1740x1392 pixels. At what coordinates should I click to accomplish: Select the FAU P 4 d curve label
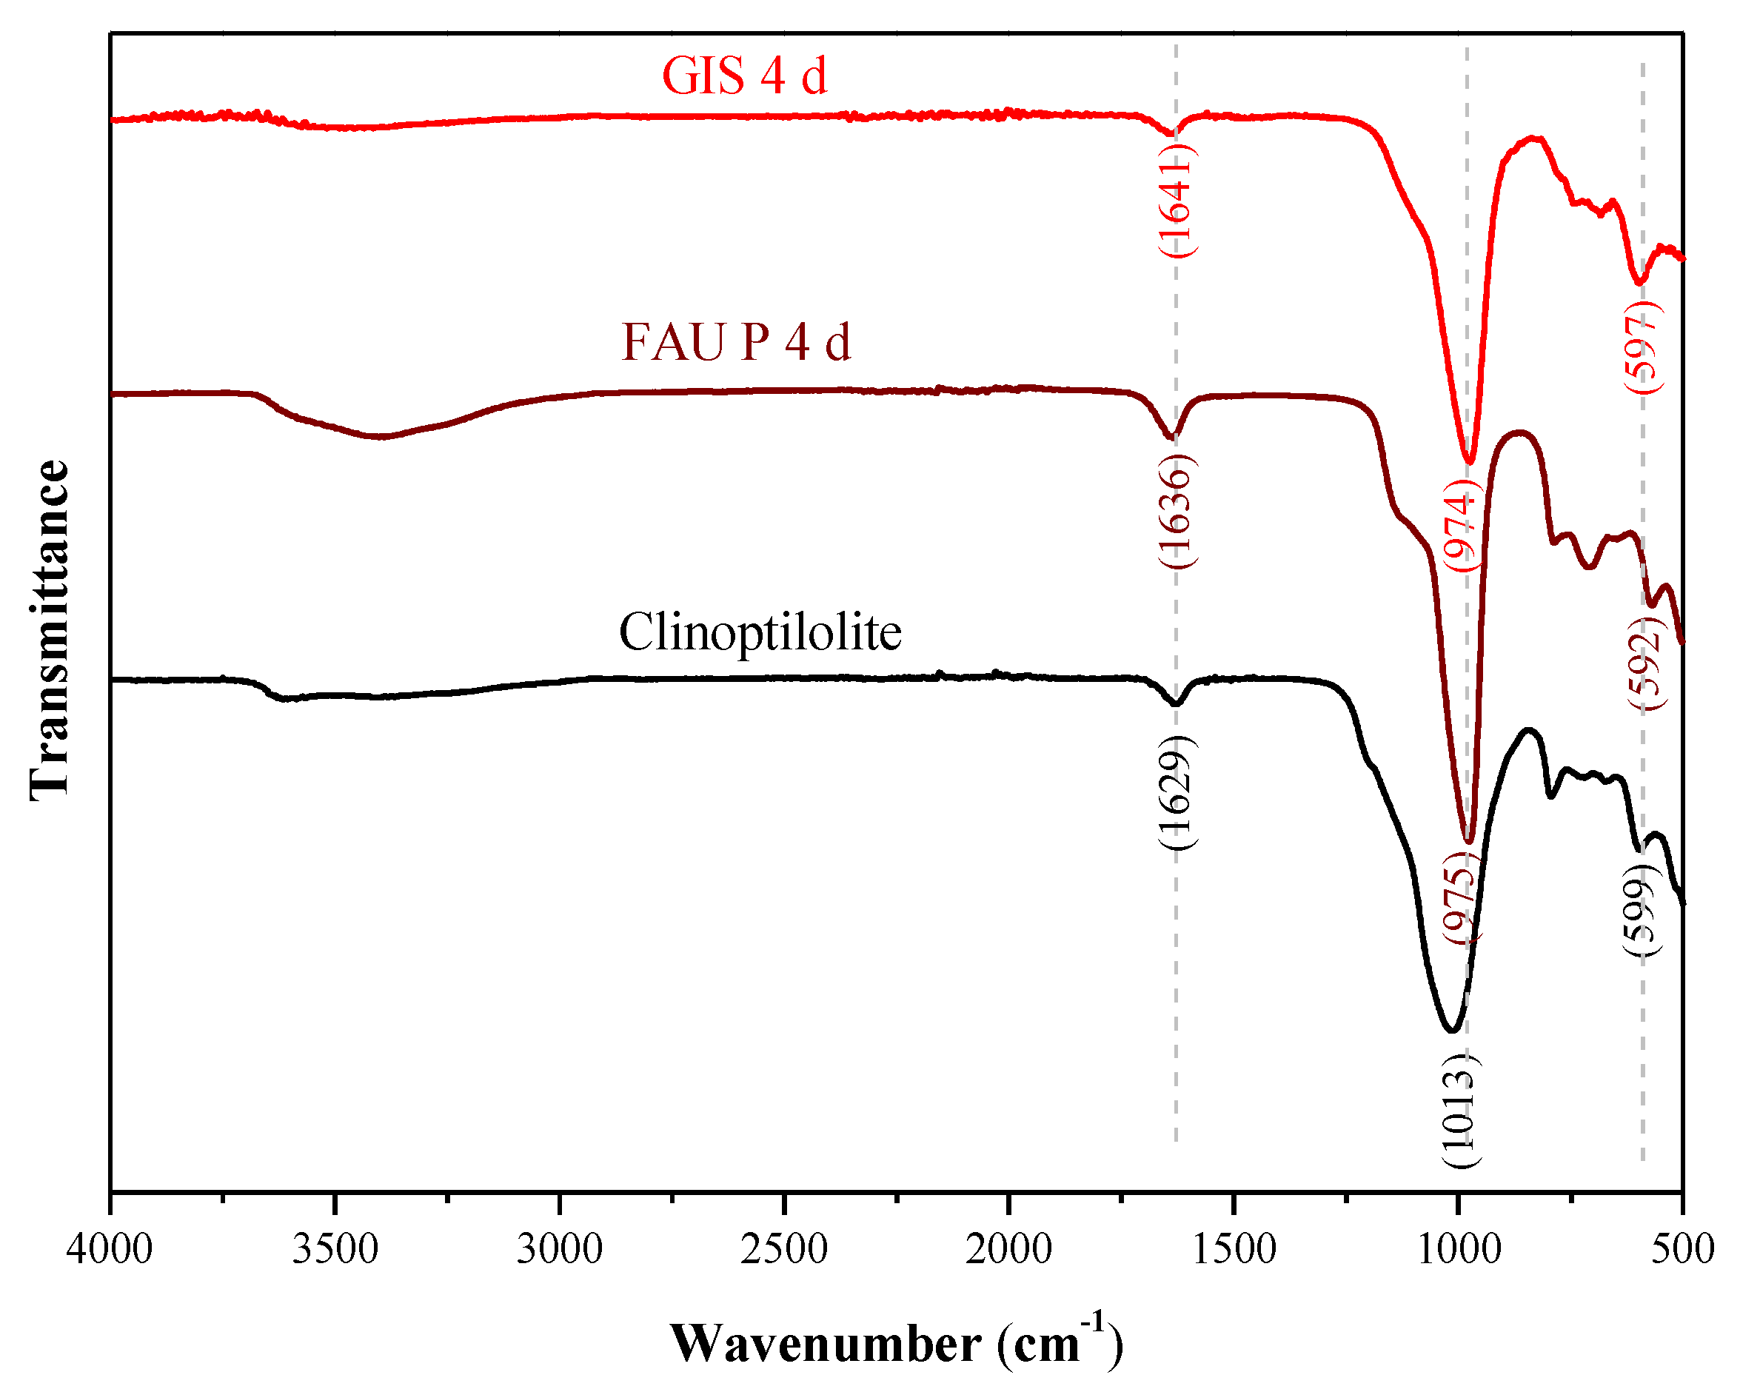tap(736, 342)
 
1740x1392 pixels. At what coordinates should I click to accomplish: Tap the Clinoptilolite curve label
tap(760, 632)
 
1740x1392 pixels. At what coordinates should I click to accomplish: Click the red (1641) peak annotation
tap(1176, 203)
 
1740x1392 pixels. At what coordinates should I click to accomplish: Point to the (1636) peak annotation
tap(1177, 512)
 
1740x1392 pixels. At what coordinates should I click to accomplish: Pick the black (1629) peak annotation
tap(1177, 792)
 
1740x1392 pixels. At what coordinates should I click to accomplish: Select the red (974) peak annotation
tap(1462, 524)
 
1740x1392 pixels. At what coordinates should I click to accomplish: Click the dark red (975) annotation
tap(1462, 897)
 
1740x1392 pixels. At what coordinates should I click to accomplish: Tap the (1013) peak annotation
tap(1462, 1111)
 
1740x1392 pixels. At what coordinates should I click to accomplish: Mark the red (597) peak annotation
tap(1643, 347)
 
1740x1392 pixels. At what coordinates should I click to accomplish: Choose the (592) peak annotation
tap(1644, 663)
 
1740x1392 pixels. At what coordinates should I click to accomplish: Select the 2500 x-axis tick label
tap(783, 1250)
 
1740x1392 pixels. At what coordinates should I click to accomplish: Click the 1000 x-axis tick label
tap(1459, 1250)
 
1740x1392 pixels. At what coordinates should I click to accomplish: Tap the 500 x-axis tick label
tap(1683, 1250)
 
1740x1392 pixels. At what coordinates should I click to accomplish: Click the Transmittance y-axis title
tap(50, 629)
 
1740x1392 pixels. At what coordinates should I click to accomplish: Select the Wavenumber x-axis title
tap(896, 1344)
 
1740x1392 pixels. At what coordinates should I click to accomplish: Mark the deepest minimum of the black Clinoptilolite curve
tap(1451, 1031)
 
